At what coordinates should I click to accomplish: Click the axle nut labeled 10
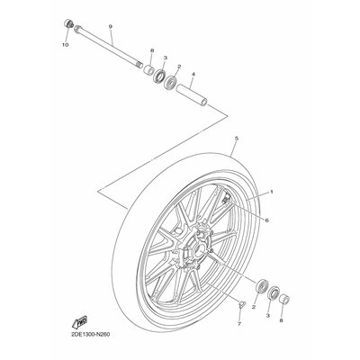69,23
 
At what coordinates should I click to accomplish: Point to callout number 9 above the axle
110,27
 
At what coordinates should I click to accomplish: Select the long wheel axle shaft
109,47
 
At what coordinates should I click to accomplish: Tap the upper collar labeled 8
148,70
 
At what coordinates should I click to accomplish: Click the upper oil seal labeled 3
159,76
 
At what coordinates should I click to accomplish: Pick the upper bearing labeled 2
171,83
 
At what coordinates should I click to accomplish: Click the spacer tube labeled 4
192,94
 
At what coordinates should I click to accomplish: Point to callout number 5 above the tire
237,139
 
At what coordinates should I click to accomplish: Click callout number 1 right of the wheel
272,192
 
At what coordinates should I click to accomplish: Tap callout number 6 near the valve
266,220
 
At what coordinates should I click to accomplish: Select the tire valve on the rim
227,199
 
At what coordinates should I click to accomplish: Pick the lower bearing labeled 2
261,286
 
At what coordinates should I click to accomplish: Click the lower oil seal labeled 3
274,293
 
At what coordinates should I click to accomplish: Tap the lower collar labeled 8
284,299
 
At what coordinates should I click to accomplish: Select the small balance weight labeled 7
242,304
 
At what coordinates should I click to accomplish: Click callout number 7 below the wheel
239,324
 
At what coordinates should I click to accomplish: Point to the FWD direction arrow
80,322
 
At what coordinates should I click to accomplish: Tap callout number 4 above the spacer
193,74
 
